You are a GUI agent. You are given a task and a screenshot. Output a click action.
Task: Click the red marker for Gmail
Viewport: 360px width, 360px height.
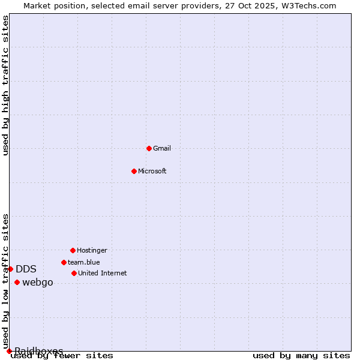pyautogui.click(x=149, y=148)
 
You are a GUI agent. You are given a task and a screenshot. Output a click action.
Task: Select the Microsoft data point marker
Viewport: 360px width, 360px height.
pyautogui.click(x=134, y=171)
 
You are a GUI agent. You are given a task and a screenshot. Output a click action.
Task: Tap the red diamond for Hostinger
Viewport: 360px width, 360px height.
pyautogui.click(x=73, y=250)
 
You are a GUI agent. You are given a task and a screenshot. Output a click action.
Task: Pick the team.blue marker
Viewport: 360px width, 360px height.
pyautogui.click(x=64, y=262)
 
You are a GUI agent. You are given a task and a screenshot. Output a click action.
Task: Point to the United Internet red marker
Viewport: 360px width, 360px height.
pyautogui.click(x=74, y=273)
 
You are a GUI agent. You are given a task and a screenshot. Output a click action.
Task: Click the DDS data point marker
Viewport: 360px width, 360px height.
pyautogui.click(x=10, y=269)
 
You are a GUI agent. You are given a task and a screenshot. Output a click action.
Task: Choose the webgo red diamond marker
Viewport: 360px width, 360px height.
pyautogui.click(x=17, y=282)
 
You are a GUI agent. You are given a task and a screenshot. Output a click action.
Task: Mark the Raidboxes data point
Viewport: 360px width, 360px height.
pyautogui.click(x=9, y=351)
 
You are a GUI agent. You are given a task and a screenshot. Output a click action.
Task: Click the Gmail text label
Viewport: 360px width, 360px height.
pyautogui.click(x=162, y=148)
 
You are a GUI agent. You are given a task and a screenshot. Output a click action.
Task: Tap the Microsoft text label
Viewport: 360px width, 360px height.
pyautogui.click(x=152, y=171)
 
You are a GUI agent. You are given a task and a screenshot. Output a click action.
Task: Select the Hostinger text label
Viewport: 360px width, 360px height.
pyautogui.click(x=92, y=250)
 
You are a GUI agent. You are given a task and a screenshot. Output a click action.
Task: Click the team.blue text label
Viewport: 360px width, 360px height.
pyautogui.click(x=84, y=262)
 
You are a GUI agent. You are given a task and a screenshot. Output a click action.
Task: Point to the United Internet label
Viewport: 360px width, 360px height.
pyautogui.click(x=103, y=273)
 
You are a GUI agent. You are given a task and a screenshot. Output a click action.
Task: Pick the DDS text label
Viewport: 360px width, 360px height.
pyautogui.click(x=26, y=269)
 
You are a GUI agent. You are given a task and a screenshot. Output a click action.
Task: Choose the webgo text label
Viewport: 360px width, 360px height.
pyautogui.click(x=38, y=283)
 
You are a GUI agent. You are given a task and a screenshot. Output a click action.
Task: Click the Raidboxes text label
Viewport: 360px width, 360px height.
pyautogui.click(x=39, y=351)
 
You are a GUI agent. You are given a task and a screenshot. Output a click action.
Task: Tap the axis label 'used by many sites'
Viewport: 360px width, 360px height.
pyautogui.click(x=301, y=356)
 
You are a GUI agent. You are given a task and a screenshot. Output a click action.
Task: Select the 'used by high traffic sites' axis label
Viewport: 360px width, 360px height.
pyautogui.click(x=6, y=85)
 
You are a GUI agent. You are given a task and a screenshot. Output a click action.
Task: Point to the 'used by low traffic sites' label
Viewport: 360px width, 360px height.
pyautogui.click(x=6, y=281)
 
